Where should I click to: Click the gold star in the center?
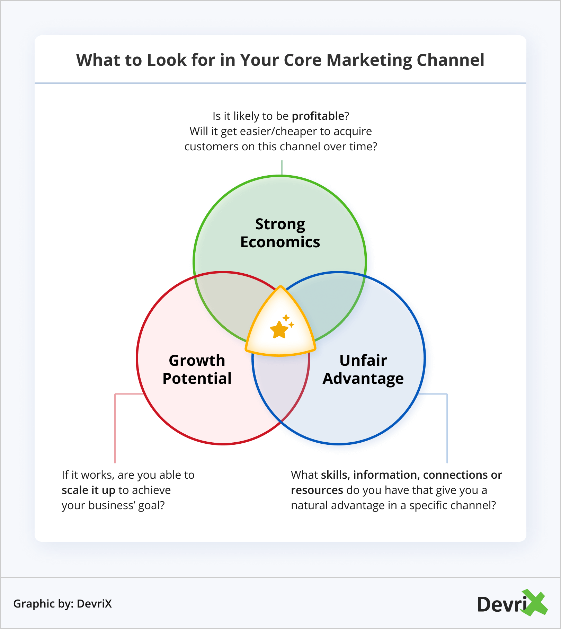click(x=279, y=329)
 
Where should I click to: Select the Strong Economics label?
click(x=280, y=233)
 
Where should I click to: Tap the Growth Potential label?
click(x=197, y=370)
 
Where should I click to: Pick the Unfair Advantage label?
click(x=363, y=370)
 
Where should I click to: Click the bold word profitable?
click(x=318, y=116)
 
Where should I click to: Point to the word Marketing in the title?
click(x=369, y=60)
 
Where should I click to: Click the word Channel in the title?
click(x=450, y=60)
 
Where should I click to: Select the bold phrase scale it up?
click(x=88, y=490)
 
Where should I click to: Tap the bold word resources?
click(x=317, y=490)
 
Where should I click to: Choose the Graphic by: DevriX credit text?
click(x=63, y=604)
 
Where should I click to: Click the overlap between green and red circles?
click(x=229, y=305)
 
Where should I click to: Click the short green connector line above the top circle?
click(x=282, y=168)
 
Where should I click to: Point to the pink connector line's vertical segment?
click(x=115, y=429)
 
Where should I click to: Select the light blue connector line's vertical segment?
click(x=447, y=429)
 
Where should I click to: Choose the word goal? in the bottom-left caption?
click(x=151, y=506)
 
